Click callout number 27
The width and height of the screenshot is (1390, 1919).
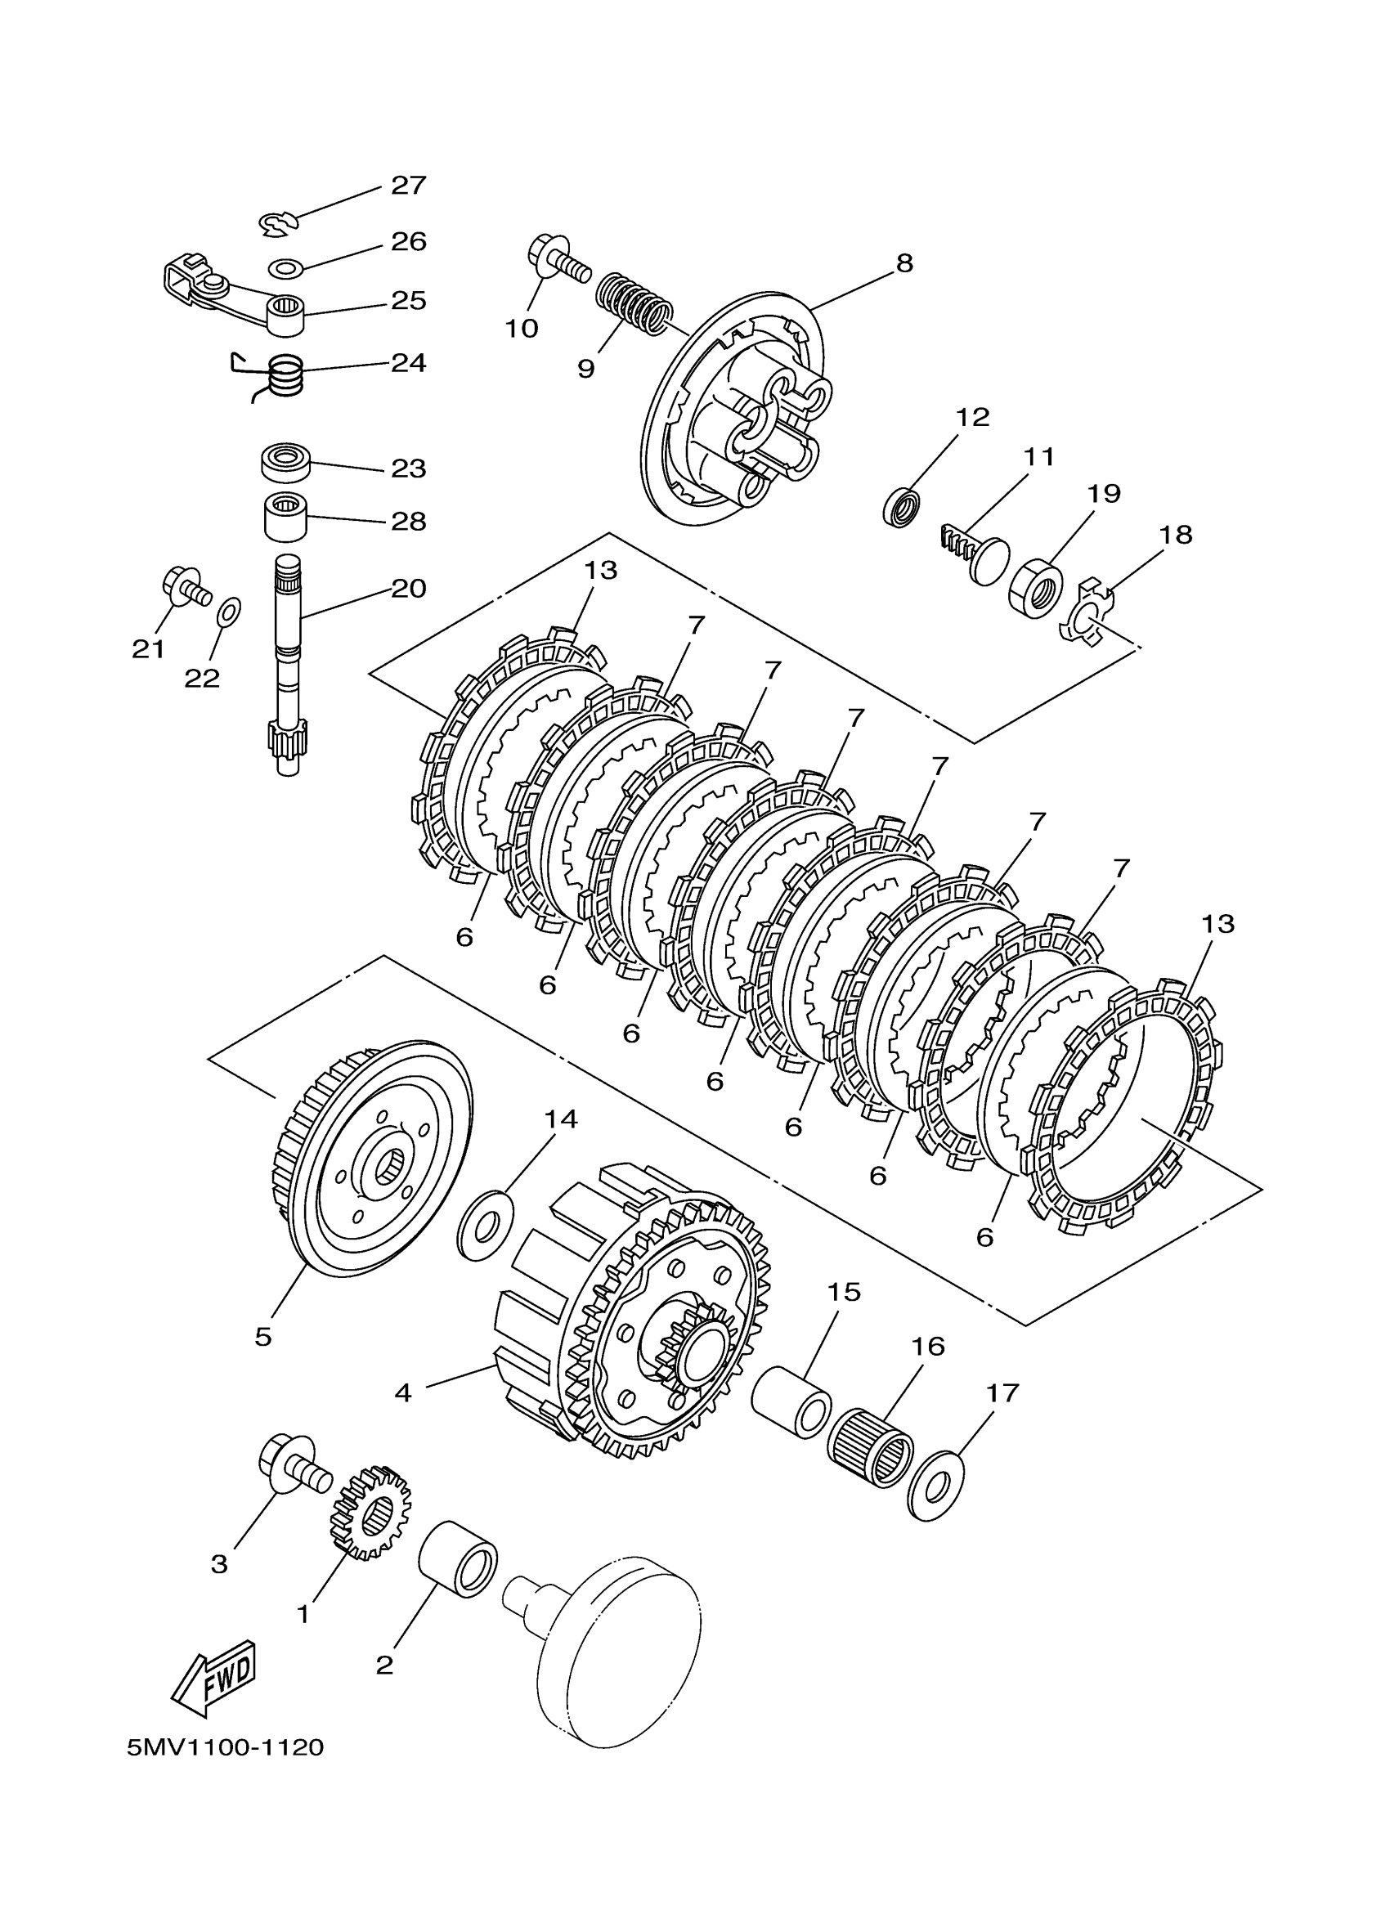(408, 186)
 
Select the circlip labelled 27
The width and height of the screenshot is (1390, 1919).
(278, 223)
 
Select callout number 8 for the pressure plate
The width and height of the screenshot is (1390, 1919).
(904, 263)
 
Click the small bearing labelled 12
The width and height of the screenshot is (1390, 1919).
(903, 507)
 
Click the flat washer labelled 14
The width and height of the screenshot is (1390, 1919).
(485, 1226)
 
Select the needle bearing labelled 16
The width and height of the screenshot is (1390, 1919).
(870, 1450)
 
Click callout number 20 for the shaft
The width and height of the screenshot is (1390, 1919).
(409, 588)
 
